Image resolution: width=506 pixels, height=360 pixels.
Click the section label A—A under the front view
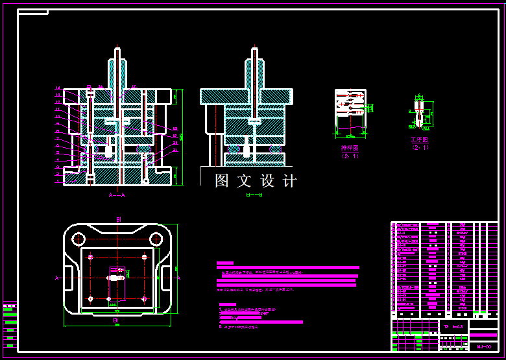point(117,195)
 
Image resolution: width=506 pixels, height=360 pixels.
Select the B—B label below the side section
point(254,195)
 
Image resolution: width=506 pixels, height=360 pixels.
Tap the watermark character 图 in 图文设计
point(222,180)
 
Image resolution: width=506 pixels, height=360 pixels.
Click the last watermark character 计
point(289,180)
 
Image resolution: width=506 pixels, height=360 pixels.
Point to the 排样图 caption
point(350,148)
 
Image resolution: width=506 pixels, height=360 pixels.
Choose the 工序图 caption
point(420,139)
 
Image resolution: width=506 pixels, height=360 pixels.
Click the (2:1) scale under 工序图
point(420,147)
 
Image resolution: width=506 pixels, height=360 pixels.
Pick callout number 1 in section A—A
point(58,182)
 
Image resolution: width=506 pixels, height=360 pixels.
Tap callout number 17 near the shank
point(134,86)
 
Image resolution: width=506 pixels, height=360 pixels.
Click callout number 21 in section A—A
point(175,150)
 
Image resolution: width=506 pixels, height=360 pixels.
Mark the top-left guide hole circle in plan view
point(78,237)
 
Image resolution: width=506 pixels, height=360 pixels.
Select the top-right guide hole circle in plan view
point(156,237)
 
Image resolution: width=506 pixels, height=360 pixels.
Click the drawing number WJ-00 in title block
point(483,347)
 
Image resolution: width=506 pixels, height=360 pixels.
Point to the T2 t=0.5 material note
point(454,326)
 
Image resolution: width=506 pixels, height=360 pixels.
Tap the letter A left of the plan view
point(57,278)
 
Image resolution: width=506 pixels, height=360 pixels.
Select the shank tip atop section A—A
point(117,50)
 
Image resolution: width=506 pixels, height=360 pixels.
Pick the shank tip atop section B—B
point(254,50)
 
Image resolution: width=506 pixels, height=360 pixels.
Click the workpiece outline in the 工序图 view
point(420,114)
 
